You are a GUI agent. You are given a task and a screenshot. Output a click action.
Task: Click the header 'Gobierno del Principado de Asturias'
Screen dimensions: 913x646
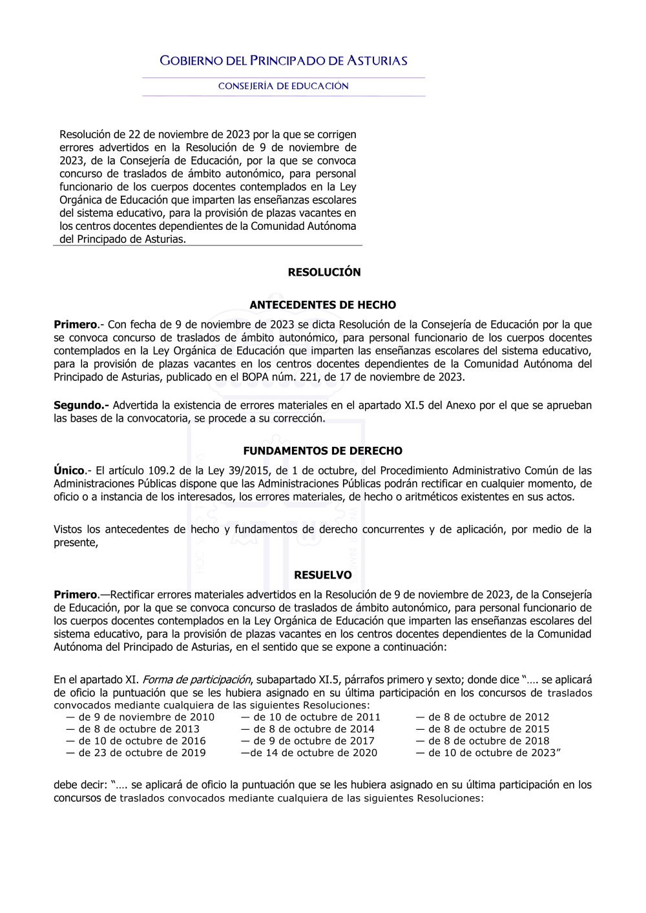(x=284, y=61)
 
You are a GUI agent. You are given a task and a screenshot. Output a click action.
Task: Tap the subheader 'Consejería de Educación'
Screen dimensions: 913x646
(x=284, y=87)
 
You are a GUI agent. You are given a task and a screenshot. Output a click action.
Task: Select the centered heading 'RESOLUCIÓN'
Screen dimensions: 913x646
(x=324, y=272)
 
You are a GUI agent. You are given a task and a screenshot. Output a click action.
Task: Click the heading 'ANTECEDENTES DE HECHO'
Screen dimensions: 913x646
(x=323, y=305)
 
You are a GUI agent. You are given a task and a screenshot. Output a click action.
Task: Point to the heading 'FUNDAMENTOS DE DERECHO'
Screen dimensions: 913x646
(x=323, y=451)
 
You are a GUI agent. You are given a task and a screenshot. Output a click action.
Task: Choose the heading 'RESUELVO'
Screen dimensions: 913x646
(x=323, y=575)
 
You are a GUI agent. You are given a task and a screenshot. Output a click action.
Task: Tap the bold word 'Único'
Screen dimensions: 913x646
(x=69, y=471)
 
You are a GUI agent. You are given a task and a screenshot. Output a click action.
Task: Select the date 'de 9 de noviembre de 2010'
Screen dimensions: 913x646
(x=146, y=717)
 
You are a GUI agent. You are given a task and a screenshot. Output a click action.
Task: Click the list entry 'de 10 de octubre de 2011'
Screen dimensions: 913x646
(x=317, y=717)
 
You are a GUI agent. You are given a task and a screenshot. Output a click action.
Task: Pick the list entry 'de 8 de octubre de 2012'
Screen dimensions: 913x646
(x=488, y=717)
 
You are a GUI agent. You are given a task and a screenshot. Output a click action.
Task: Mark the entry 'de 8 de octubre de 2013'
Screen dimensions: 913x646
(x=139, y=729)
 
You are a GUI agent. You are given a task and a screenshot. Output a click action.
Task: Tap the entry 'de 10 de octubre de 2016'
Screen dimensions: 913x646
(x=142, y=741)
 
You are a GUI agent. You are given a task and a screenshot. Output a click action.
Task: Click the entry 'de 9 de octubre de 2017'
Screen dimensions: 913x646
(x=313, y=741)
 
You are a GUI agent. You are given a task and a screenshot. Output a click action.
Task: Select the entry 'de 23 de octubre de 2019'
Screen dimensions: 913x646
(x=142, y=753)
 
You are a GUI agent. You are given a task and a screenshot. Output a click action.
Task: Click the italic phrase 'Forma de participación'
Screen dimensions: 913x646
(x=196, y=680)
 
